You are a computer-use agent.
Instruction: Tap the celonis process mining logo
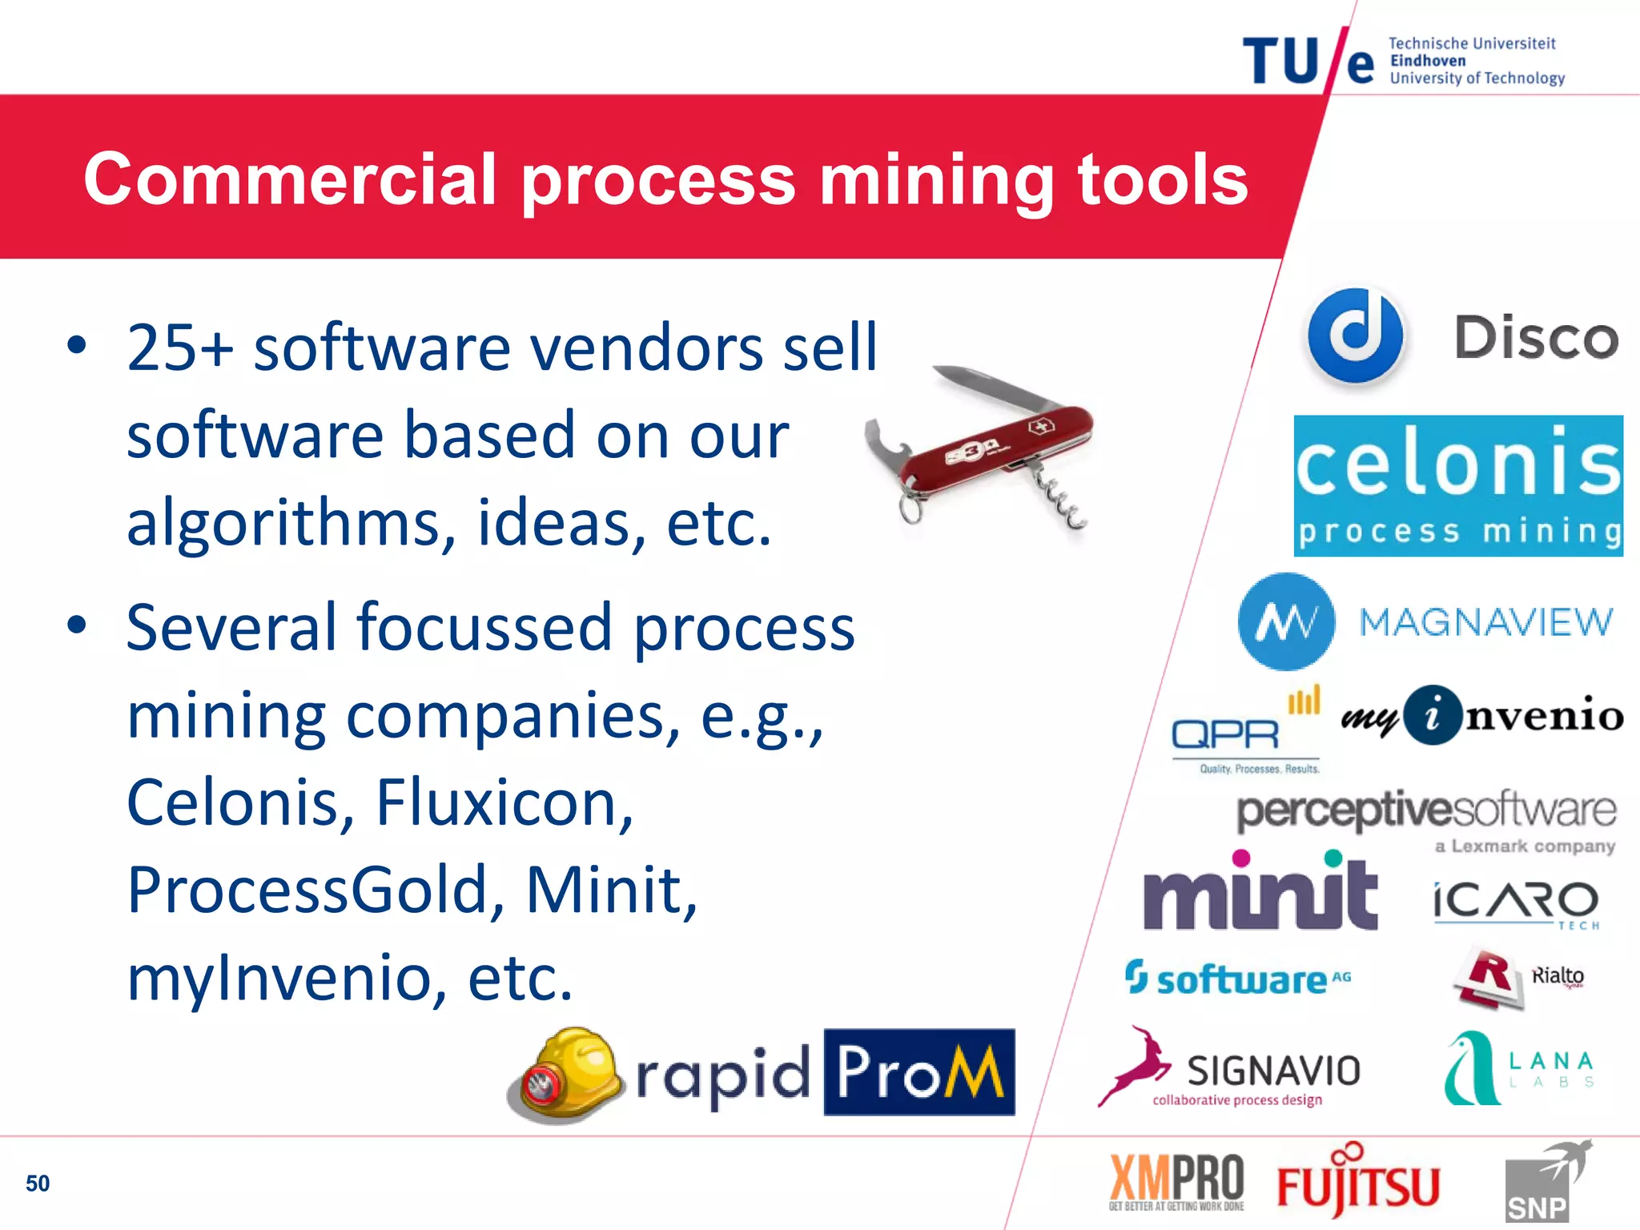pos(1458,485)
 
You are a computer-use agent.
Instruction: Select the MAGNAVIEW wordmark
pos(1486,622)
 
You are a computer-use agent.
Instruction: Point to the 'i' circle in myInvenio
pos(1433,715)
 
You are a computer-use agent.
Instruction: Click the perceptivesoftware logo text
pos(1426,811)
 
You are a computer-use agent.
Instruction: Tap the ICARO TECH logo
pos(1516,903)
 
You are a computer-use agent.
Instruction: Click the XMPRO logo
pos(1176,1181)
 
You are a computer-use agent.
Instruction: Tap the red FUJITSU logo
pos(1358,1184)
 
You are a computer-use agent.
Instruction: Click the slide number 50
pos(38,1184)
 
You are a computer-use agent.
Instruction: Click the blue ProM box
pos(919,1071)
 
